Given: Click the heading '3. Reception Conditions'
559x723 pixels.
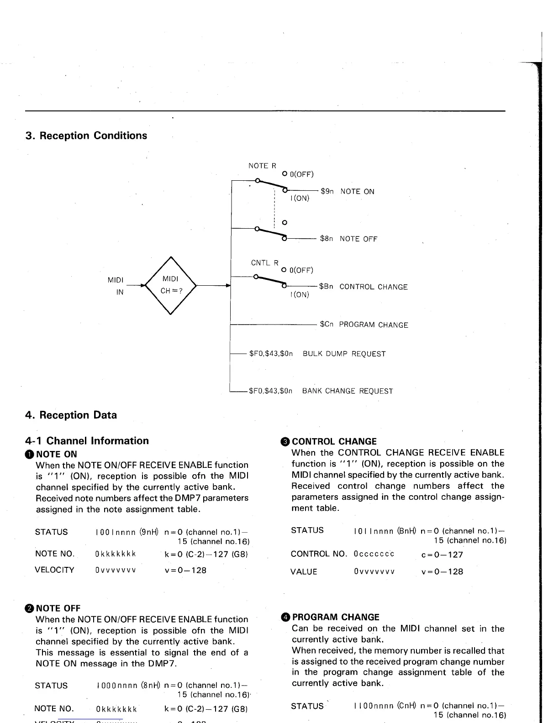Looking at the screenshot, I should coord(86,136).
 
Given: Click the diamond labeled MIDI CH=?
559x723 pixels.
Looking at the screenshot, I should coord(170,285).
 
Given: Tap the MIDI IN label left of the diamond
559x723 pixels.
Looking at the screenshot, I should coord(116,286).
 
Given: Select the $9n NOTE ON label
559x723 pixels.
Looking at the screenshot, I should coord(347,192).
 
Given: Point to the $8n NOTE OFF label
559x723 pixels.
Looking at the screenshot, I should coord(348,239).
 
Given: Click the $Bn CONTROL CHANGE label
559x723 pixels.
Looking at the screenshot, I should coord(363,287).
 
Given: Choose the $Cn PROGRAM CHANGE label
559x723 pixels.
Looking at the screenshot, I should coord(364,325).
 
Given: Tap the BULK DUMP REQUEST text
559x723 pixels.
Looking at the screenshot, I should coord(344,354).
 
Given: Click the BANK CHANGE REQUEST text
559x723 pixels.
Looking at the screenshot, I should coord(347,391).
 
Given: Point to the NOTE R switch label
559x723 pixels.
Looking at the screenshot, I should coord(262,166).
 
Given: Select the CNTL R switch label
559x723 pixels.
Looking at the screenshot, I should coord(264,263).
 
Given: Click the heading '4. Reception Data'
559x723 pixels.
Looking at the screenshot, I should coord(71,415).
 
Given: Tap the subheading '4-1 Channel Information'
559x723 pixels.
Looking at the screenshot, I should coord(87,440).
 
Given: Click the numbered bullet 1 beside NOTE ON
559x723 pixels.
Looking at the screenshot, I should coord(30,454).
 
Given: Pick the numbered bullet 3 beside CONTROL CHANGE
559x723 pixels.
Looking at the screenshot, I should coord(285,441).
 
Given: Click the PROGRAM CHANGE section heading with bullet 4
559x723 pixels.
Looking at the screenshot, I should coord(335,617).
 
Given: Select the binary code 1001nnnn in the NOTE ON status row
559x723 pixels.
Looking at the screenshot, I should coord(116,532).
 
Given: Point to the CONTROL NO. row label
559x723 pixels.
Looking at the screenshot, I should coord(319,554).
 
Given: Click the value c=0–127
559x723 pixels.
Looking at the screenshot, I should coord(442,555).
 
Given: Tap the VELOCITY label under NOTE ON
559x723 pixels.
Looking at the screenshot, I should coord(54,570).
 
